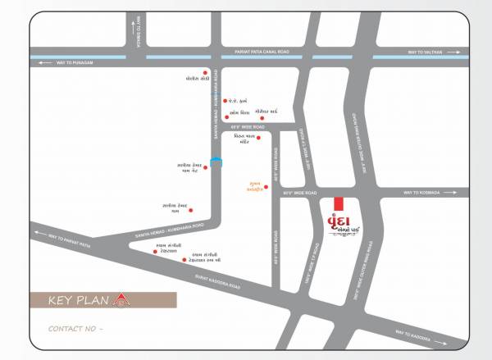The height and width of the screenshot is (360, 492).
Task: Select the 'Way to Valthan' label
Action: (x=426, y=51)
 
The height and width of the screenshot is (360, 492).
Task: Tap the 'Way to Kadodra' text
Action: (x=412, y=333)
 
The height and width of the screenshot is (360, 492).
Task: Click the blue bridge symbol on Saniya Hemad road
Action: (x=215, y=162)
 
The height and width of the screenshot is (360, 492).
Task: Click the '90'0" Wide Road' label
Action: (x=300, y=193)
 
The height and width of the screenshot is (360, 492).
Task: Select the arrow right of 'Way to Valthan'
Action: (x=453, y=51)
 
